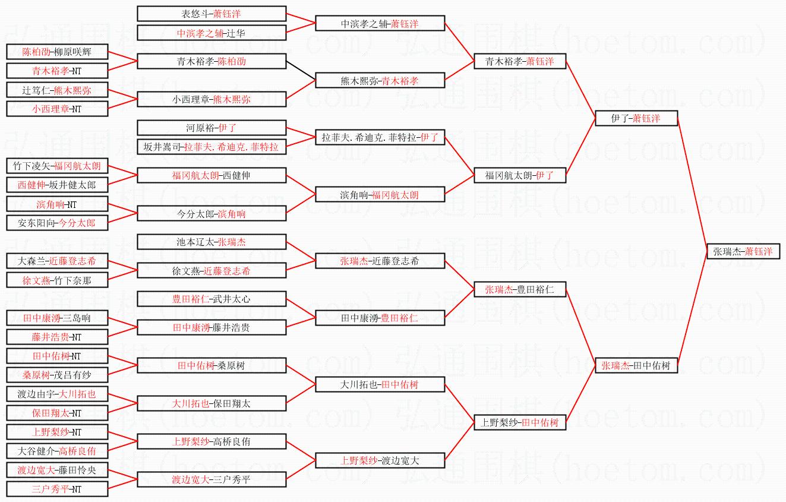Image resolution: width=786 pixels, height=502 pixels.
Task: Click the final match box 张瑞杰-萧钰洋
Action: tap(743, 251)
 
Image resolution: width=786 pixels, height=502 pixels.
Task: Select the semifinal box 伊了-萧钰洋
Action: tap(636, 118)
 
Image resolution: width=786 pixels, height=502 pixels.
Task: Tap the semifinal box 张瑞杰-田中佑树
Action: tap(636, 365)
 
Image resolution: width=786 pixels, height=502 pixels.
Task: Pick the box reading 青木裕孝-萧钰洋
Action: tap(520, 61)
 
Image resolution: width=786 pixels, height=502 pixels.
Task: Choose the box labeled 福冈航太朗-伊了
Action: tap(520, 175)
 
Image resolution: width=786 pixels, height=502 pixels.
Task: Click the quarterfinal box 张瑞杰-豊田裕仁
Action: tap(520, 289)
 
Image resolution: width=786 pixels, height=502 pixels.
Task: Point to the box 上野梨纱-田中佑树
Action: tap(520, 422)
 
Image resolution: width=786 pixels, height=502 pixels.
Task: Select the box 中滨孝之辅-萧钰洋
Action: tap(380, 24)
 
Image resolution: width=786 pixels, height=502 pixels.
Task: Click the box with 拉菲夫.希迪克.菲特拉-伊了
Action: tap(380, 138)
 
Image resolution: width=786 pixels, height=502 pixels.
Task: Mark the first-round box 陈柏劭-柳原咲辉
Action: tap(57, 52)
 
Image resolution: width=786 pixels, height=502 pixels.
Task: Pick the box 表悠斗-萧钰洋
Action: tap(212, 14)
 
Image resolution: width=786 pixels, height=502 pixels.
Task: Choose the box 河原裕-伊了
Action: tap(212, 128)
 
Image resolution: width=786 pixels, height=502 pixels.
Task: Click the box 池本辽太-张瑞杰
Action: tap(212, 242)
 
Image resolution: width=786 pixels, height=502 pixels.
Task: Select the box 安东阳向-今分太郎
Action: tap(57, 223)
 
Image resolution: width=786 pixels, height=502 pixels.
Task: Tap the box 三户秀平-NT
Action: tap(57, 489)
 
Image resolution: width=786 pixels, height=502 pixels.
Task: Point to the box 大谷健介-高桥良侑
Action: tap(57, 451)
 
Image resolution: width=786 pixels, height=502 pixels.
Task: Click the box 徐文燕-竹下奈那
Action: tap(57, 280)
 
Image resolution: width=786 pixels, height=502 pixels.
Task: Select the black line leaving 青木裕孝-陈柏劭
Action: tap(301, 71)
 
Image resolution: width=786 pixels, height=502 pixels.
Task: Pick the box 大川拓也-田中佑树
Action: tap(380, 384)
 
